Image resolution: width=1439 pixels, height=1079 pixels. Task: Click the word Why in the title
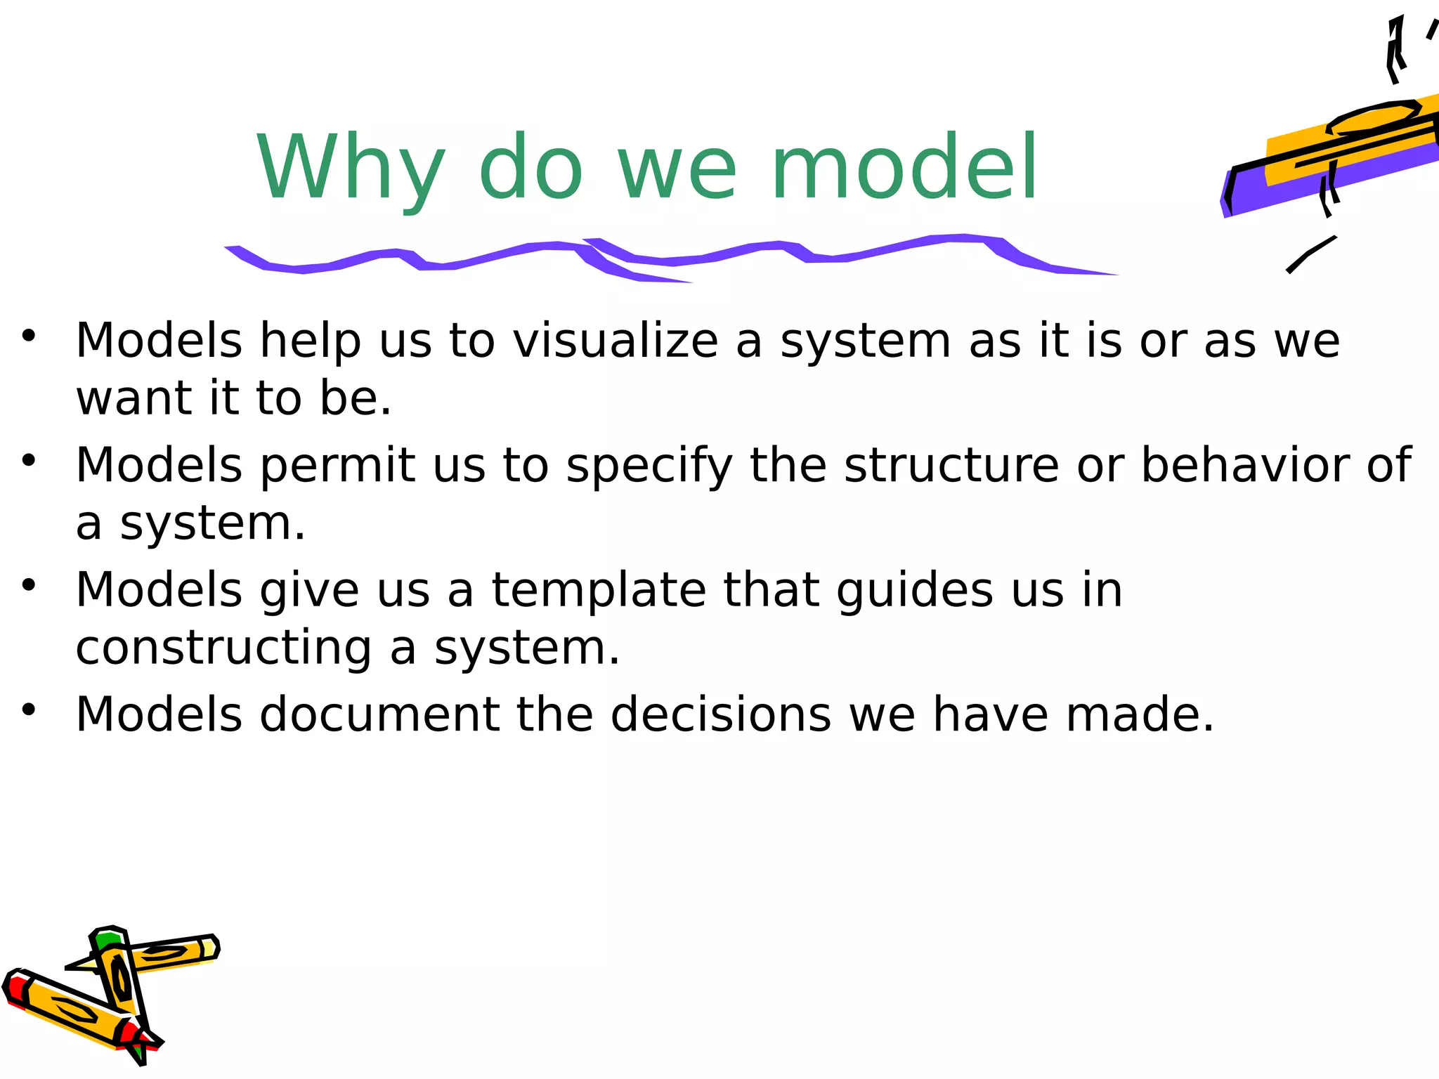[350, 169]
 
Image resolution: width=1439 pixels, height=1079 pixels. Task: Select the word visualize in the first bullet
[616, 341]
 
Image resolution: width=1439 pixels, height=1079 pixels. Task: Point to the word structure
[951, 465]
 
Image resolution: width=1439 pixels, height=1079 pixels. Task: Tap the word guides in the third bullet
[915, 591]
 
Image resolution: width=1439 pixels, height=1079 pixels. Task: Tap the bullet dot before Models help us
[28, 335]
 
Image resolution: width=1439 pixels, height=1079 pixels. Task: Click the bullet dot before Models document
[28, 709]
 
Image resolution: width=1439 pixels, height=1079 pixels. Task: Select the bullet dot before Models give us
[28, 584]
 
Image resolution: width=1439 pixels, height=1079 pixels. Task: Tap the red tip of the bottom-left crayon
[14, 986]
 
